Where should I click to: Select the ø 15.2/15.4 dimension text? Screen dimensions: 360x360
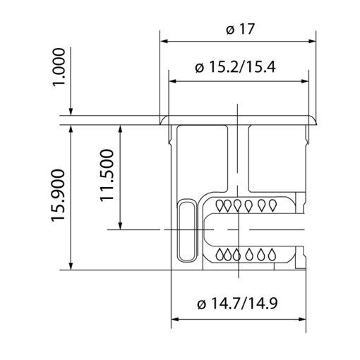238,68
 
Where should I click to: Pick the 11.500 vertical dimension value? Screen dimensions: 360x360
108,175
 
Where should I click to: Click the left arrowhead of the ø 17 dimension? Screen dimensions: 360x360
164,41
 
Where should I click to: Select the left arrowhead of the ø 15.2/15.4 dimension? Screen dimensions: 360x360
173,80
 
